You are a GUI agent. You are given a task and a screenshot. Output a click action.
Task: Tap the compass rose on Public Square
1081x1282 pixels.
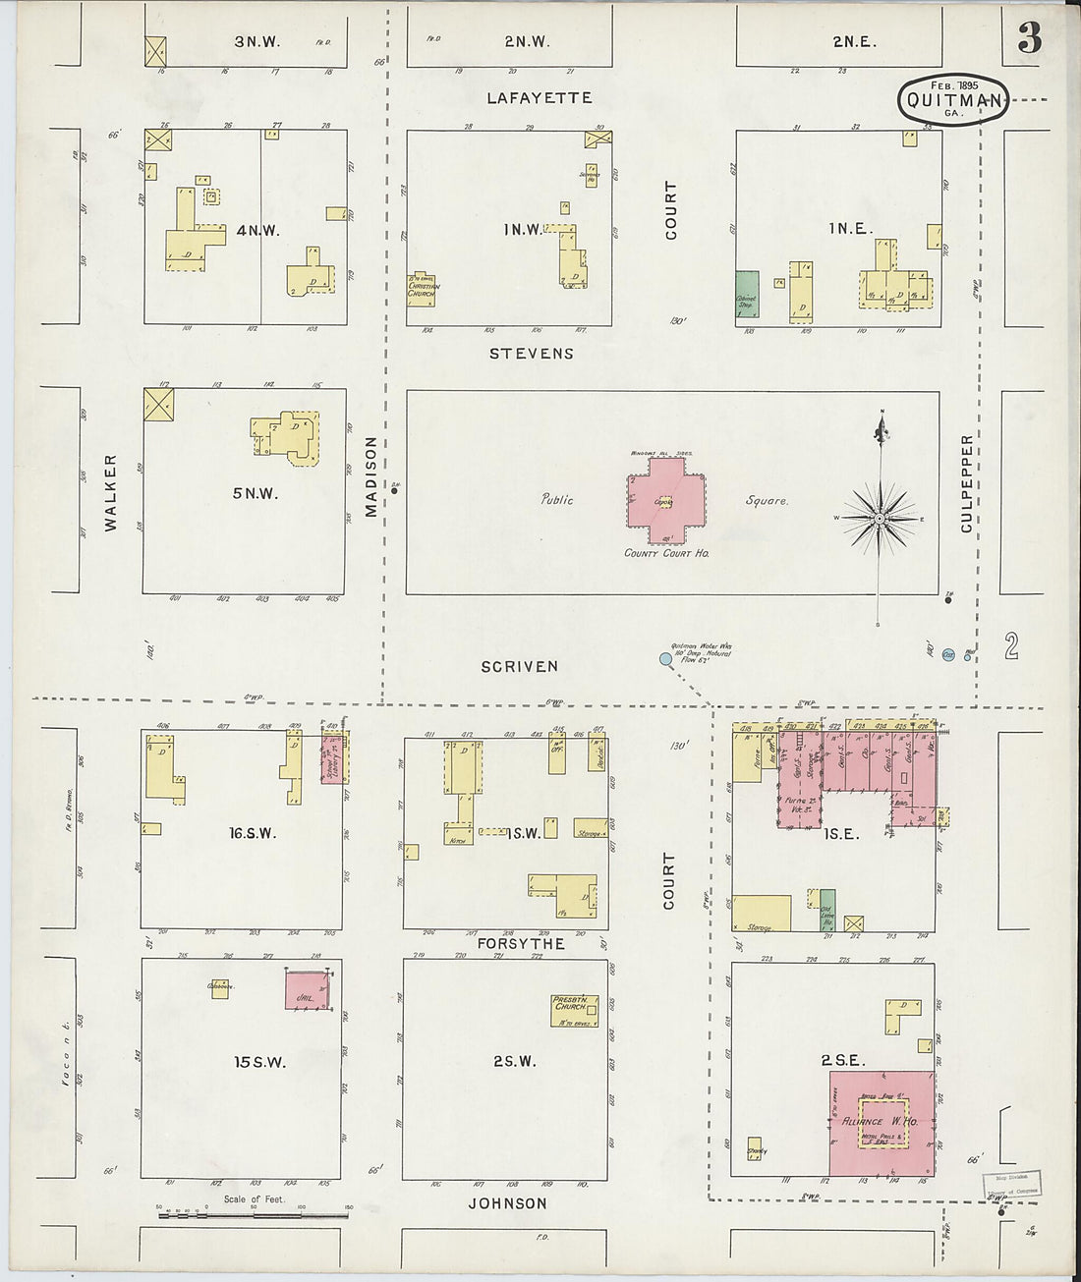click(881, 517)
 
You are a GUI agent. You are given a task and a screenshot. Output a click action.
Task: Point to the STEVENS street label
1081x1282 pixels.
click(532, 354)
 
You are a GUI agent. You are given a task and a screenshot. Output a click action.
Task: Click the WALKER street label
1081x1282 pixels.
click(110, 492)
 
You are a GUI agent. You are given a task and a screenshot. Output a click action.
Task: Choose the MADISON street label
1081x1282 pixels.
click(371, 475)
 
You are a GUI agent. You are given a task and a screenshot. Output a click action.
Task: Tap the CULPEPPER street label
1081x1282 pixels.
click(967, 483)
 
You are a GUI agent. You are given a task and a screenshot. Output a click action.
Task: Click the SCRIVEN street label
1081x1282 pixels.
click(519, 666)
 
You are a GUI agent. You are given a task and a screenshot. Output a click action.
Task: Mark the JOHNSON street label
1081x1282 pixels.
click(507, 1203)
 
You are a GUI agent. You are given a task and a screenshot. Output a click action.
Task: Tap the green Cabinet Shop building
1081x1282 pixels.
click(747, 291)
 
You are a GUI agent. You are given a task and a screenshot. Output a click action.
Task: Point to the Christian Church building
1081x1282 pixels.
click(424, 290)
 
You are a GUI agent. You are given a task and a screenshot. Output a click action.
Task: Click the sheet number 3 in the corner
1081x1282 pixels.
click(1029, 40)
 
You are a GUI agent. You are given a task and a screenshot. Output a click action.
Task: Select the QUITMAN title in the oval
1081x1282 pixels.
click(953, 100)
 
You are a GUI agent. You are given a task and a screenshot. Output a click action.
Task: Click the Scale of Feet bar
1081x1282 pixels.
click(253, 1216)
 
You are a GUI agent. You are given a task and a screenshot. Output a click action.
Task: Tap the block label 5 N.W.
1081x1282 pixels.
click(255, 494)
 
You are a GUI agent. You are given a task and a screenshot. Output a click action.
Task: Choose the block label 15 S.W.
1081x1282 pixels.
click(259, 1062)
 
